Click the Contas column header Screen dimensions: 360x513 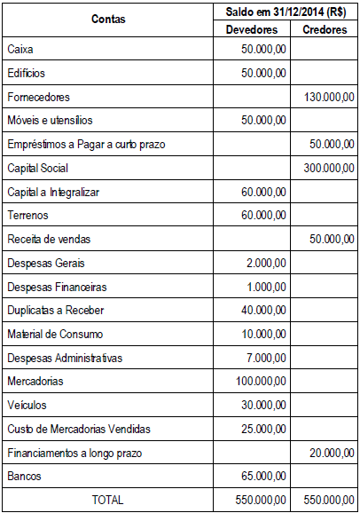pyautogui.click(x=108, y=19)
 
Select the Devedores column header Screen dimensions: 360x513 pyautogui.click(x=251, y=29)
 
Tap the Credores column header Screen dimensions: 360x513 pyautogui.click(x=324, y=29)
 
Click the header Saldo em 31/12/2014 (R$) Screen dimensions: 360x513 pyautogui.click(x=286, y=12)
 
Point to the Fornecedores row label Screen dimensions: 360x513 pyautogui.click(x=38, y=96)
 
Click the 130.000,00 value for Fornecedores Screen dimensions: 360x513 pyautogui.click(x=329, y=96)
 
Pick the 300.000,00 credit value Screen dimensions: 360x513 pyautogui.click(x=329, y=167)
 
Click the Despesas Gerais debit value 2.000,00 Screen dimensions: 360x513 pyautogui.click(x=267, y=263)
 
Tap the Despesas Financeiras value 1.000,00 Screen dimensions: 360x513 pyautogui.click(x=267, y=287)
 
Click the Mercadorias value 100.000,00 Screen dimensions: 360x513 pyautogui.click(x=261, y=381)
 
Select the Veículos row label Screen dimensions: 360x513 pyautogui.click(x=27, y=405)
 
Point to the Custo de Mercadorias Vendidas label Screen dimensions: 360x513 pyautogui.click(x=79, y=429)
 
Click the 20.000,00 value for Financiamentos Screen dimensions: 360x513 pyautogui.click(x=333, y=453)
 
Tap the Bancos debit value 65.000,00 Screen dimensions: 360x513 pyautogui.click(x=263, y=477)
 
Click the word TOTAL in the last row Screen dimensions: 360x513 pyautogui.click(x=108, y=500)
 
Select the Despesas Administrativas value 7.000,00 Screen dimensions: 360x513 pyautogui.click(x=267, y=358)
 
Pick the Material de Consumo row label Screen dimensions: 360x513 pyautogui.click(x=55, y=334)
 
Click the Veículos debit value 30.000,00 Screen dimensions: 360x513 pyautogui.click(x=263, y=405)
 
